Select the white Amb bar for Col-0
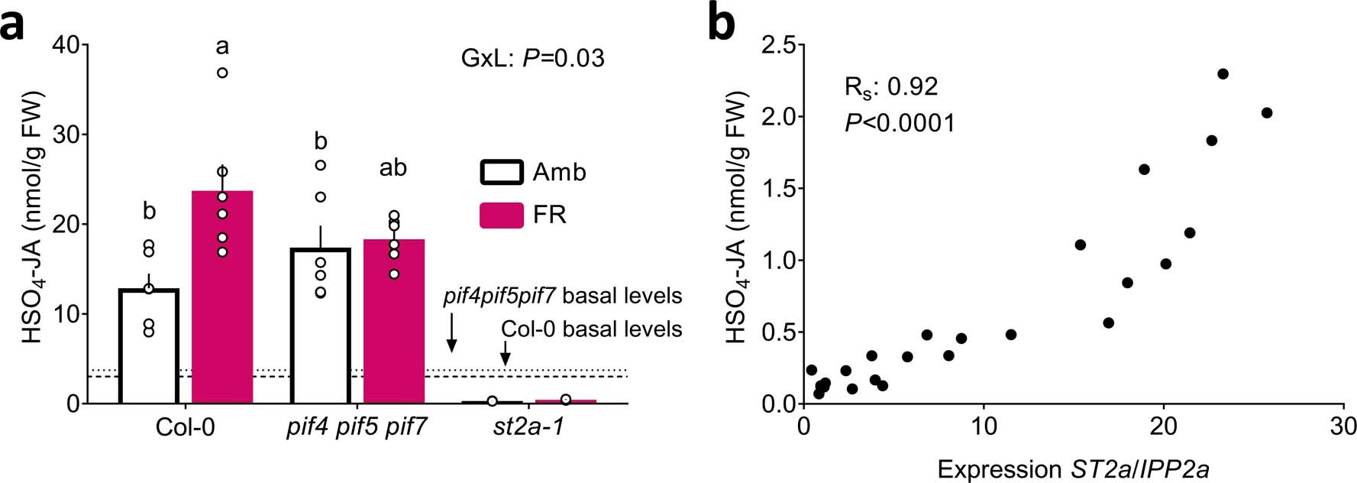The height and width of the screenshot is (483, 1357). click(x=149, y=348)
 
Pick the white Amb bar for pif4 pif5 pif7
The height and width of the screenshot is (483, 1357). click(x=321, y=329)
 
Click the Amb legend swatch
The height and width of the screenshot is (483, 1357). click(x=501, y=172)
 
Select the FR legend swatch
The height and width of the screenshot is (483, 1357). click(x=501, y=215)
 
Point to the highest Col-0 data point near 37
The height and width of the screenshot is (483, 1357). click(x=222, y=73)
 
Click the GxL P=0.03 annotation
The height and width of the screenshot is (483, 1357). click(x=532, y=58)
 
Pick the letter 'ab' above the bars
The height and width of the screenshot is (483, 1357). click(x=393, y=167)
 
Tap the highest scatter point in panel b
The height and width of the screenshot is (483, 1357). click(x=1223, y=74)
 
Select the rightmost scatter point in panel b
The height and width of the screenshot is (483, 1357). click(x=1266, y=113)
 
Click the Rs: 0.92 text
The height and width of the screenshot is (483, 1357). click(x=890, y=87)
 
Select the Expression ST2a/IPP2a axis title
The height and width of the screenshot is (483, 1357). click(x=1073, y=468)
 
